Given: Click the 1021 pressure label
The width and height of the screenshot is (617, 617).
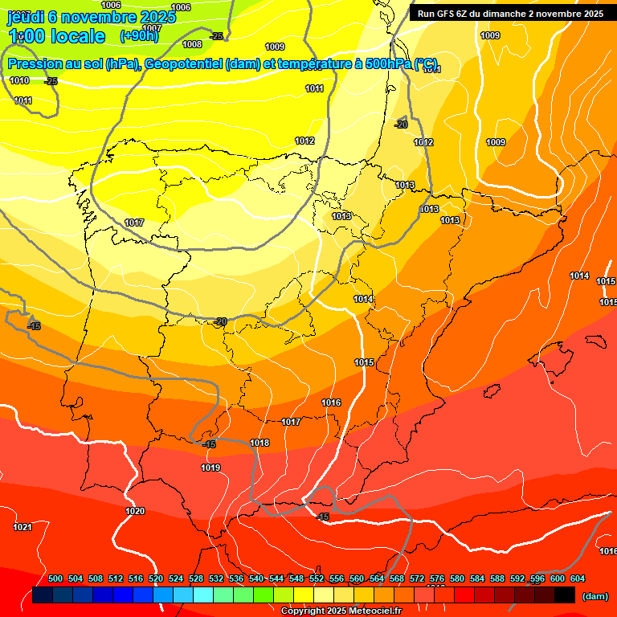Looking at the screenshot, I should [x=22, y=527].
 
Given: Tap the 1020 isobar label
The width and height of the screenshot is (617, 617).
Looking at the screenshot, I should [x=135, y=511].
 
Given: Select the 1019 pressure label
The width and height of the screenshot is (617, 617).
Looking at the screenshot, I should [x=210, y=468].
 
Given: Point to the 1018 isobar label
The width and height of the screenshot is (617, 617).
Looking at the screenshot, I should [x=259, y=443].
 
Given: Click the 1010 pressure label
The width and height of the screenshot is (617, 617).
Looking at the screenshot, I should [x=20, y=80].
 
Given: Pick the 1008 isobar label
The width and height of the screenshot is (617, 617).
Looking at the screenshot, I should [x=192, y=45].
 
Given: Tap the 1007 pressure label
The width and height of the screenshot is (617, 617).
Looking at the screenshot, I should [x=152, y=28].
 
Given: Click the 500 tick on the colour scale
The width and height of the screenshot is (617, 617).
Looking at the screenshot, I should [x=55, y=578].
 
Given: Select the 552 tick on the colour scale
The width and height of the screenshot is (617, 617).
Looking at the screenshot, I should [x=317, y=578].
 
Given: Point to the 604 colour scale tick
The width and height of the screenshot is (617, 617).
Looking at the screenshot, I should [x=578, y=578].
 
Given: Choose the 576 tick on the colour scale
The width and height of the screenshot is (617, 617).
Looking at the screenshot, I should [x=437, y=578].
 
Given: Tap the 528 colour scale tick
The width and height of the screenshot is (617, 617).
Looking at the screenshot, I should [x=196, y=578].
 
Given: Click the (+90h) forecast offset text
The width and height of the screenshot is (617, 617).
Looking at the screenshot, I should [x=139, y=36].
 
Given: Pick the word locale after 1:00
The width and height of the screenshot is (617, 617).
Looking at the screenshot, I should [x=76, y=36].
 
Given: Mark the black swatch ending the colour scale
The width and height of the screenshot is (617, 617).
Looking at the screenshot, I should [x=564, y=595].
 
